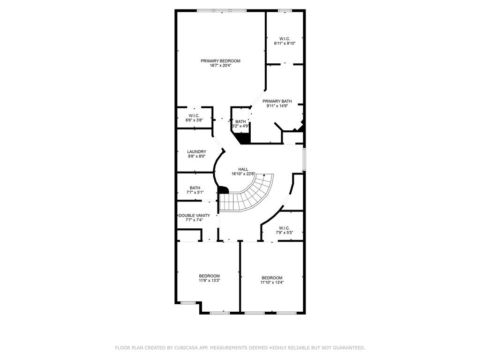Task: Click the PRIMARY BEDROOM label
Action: [220, 61]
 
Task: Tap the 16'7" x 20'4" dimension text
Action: [220, 66]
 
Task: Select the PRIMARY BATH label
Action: [277, 101]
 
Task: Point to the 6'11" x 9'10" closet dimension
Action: [285, 44]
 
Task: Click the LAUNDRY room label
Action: [196, 151]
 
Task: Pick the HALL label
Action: [243, 169]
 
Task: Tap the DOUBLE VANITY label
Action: [195, 216]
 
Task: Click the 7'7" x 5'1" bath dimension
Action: [195, 193]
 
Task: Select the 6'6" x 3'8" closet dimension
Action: [194, 120]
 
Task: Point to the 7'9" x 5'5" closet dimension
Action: [285, 232]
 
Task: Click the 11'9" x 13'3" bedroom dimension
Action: [210, 280]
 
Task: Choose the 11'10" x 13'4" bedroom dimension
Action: [272, 283]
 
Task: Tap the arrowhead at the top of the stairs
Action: [264, 175]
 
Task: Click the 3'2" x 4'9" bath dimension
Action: [240, 126]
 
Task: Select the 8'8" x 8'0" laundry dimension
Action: [196, 156]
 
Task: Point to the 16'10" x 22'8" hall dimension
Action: [243, 174]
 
